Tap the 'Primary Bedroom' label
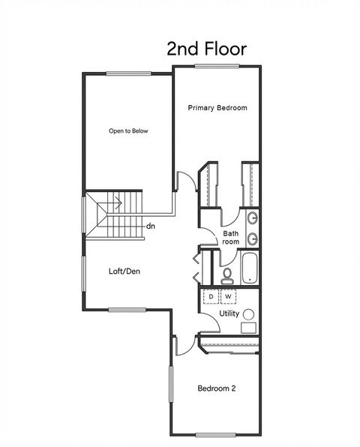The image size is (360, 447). (217, 108)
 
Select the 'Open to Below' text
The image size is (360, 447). (128, 130)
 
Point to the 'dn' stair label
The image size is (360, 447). (151, 225)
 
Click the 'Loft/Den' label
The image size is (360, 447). (124, 271)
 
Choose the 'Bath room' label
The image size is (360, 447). (231, 238)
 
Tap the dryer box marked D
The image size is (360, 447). (211, 297)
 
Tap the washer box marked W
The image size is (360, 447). (228, 297)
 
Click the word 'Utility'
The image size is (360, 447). (229, 313)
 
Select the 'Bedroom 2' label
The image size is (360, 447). (217, 388)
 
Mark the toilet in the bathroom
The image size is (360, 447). (226, 274)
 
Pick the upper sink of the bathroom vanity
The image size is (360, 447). (253, 219)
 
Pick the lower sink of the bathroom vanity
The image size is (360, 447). (253, 239)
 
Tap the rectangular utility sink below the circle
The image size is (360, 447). (248, 328)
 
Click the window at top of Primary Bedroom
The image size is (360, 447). (217, 66)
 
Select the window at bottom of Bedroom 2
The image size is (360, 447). (217, 434)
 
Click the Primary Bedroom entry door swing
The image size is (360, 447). (184, 182)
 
